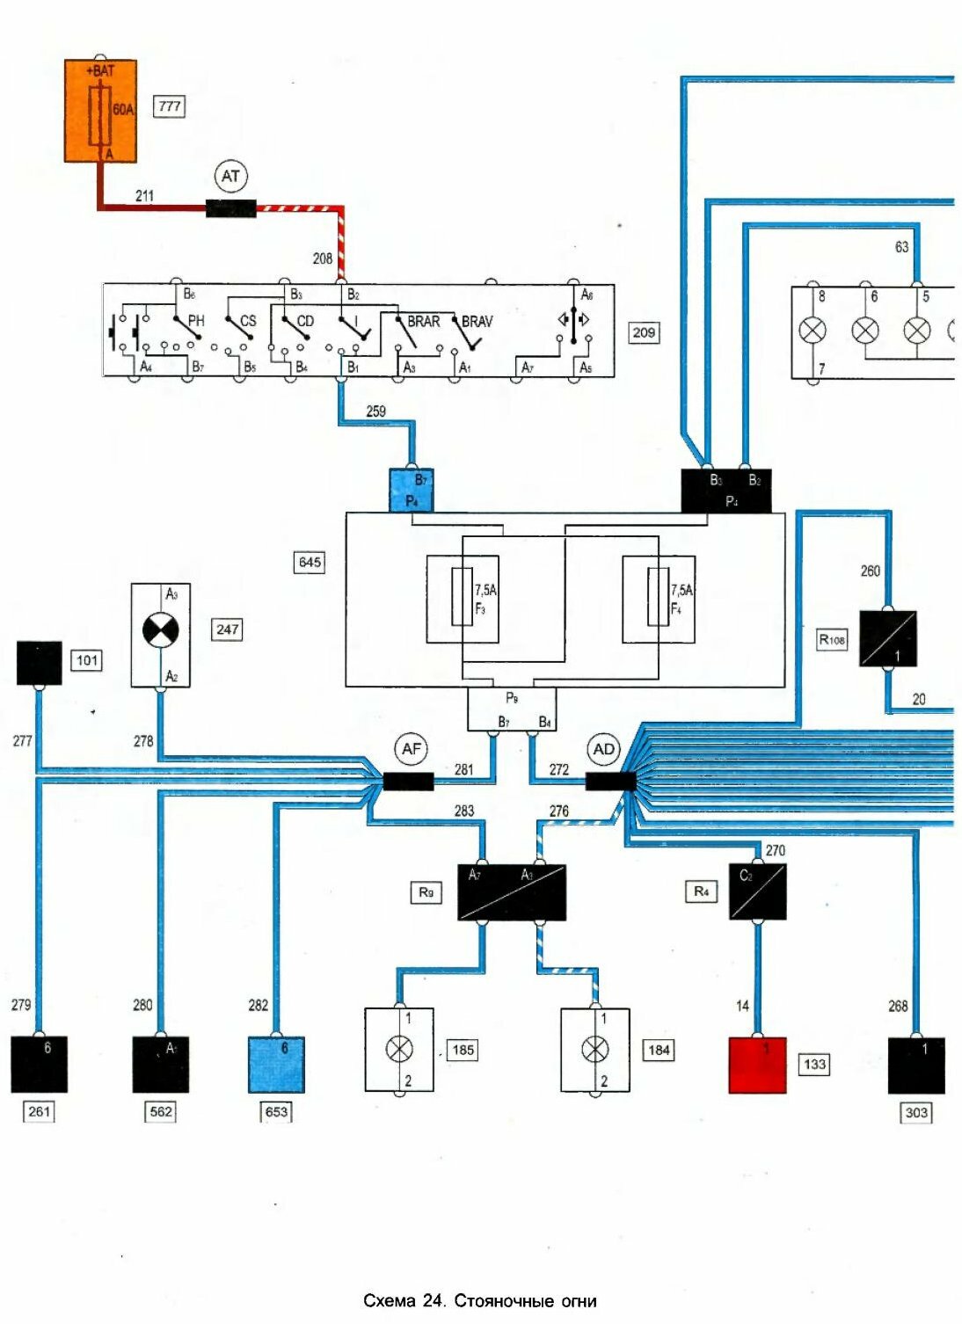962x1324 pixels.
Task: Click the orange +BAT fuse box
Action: pyautogui.click(x=100, y=111)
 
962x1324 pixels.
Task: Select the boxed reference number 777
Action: pyautogui.click(x=170, y=106)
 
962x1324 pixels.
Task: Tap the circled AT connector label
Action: pyautogui.click(x=230, y=177)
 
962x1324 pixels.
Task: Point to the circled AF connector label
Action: pyautogui.click(x=411, y=749)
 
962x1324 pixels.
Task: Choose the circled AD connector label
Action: pyautogui.click(x=603, y=749)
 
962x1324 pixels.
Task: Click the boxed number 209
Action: pyautogui.click(x=644, y=332)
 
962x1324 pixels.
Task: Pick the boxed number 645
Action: pyautogui.click(x=310, y=562)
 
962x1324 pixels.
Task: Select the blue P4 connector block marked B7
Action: pyautogui.click(x=412, y=491)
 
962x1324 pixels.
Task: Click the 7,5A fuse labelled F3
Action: pyautogui.click(x=463, y=598)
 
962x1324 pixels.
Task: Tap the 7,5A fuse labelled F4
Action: pyautogui.click(x=658, y=598)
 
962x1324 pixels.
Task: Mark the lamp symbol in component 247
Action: pyautogui.click(x=160, y=630)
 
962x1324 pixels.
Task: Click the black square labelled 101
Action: pyautogui.click(x=40, y=663)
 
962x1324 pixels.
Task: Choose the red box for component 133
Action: pyautogui.click(x=757, y=1065)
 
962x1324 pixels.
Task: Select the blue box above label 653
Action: pyautogui.click(x=276, y=1065)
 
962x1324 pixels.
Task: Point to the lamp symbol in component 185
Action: pyautogui.click(x=400, y=1049)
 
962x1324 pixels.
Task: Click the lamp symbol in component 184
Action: pyautogui.click(x=595, y=1049)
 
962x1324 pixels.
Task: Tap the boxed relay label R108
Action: pyautogui.click(x=832, y=639)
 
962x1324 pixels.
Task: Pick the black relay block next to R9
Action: pyautogui.click(x=511, y=892)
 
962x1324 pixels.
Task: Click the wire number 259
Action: pyautogui.click(x=375, y=411)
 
